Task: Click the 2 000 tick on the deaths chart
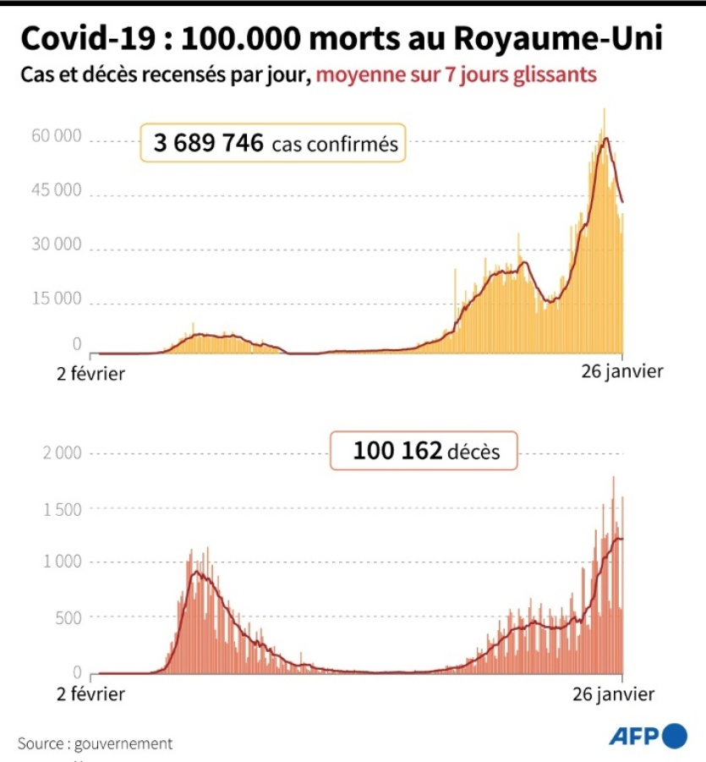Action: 62,453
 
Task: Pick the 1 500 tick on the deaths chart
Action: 62,508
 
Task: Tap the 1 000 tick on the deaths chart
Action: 62,562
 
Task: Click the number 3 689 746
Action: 208,144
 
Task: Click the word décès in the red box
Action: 474,452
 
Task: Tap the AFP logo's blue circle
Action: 675,736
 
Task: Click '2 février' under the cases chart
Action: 90,372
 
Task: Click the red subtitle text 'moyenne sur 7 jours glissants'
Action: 457,75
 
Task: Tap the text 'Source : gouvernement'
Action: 95,743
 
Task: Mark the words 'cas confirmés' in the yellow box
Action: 335,145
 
